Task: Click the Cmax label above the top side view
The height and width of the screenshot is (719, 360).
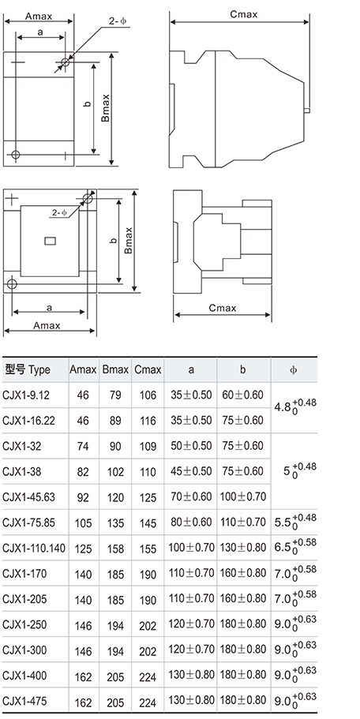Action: point(243,14)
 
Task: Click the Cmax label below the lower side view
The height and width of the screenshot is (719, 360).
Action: point(223,308)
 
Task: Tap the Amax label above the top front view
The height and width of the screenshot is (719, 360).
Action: point(39,17)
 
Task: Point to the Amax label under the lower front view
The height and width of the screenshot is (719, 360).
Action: point(47,326)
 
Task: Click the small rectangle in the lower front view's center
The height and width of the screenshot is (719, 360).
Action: point(50,240)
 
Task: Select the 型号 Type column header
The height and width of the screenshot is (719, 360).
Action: point(28,369)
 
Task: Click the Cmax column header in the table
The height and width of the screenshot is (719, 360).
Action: point(148,369)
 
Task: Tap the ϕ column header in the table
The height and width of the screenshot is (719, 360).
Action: point(294,369)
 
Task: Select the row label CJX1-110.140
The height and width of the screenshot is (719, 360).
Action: point(34,548)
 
